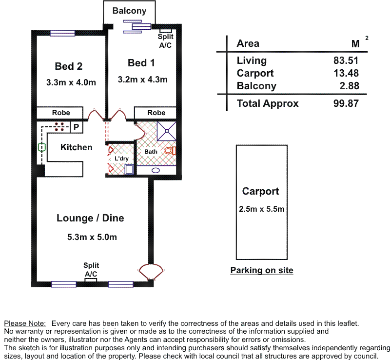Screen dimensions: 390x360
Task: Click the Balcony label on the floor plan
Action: [129, 11]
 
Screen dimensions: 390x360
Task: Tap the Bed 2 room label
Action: [69, 66]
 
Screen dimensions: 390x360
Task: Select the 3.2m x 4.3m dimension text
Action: [142, 80]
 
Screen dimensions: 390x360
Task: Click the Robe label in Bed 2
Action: [61, 113]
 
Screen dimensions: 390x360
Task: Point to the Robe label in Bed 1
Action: [156, 113]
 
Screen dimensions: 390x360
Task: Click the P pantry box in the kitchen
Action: [77, 127]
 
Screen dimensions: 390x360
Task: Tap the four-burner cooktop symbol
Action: [59, 127]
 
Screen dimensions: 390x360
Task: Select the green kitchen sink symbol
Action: [42, 147]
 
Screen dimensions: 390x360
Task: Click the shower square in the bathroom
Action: [167, 131]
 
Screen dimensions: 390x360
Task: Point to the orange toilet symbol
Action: [170, 151]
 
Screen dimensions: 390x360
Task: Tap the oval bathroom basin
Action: [156, 171]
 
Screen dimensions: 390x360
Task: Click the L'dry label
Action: [121, 159]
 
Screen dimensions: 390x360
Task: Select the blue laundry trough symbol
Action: [129, 169]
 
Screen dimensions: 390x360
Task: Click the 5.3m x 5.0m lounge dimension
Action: [92, 237]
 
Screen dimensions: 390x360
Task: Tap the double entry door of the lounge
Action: [151, 272]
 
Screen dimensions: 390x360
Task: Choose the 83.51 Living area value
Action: [346, 60]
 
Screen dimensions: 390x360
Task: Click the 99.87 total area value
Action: [346, 103]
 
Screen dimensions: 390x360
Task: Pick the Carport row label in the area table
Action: [255, 73]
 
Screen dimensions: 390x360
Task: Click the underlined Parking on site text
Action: [262, 270]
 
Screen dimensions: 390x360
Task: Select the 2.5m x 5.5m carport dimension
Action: [262, 209]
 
